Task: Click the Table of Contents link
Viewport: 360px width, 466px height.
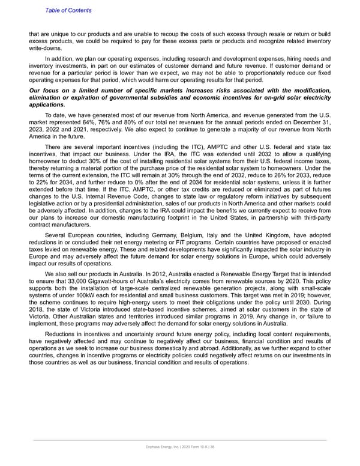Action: [x=68, y=10]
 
